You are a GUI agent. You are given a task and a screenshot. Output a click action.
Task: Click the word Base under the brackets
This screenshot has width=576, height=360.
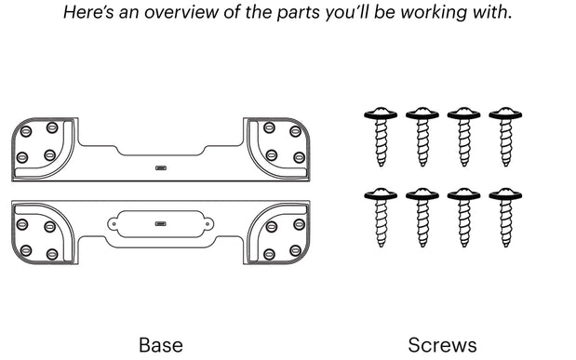[x=161, y=345]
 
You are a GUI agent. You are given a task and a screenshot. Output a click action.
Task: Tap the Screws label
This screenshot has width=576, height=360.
[x=442, y=345]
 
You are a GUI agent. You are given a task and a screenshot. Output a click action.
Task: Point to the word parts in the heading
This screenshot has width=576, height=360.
[x=298, y=13]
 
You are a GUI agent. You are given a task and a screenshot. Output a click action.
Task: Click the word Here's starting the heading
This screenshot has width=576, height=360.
[x=88, y=12]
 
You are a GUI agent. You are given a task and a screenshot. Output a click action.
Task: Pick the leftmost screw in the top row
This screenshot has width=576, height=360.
[x=381, y=137]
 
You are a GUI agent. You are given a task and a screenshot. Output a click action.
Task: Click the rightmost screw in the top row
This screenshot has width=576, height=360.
[x=505, y=137]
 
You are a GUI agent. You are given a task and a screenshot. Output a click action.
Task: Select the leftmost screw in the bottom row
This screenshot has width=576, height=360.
[x=381, y=218]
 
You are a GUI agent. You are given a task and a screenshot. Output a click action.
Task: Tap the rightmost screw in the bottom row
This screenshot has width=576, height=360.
[x=505, y=218]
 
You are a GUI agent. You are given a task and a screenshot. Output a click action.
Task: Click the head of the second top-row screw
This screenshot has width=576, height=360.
[x=422, y=113]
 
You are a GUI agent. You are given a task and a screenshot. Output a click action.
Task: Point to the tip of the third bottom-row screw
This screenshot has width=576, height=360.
[x=464, y=246]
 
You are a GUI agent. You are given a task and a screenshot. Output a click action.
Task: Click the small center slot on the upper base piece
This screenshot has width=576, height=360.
[x=161, y=168]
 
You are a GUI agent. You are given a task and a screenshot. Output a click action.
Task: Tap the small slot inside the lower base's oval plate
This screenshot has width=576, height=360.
[x=160, y=223]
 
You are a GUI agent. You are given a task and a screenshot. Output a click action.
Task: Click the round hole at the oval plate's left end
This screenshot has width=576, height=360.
[x=114, y=223]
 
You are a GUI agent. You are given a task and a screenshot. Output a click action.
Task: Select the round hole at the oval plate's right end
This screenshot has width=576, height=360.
[x=208, y=223]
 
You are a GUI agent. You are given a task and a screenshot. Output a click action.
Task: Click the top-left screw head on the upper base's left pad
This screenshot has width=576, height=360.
[x=26, y=131]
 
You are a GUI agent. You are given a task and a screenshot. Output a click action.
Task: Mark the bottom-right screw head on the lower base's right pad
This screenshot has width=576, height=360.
[x=295, y=250]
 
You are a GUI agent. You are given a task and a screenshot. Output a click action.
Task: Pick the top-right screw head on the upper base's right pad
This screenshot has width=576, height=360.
[x=295, y=131]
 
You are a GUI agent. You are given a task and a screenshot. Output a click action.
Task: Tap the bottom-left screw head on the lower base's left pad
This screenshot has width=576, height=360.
[x=26, y=250]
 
